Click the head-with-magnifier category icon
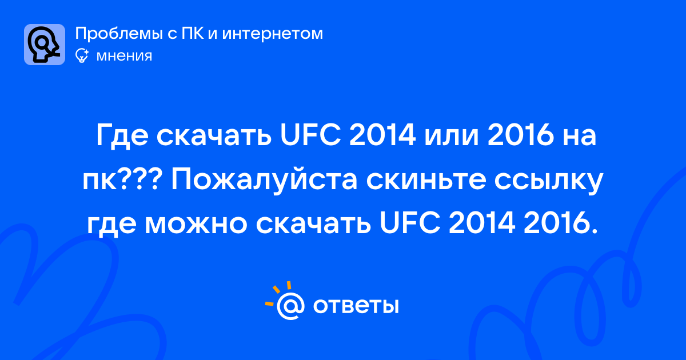[45, 45]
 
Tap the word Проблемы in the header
[119, 34]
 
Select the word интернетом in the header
[273, 34]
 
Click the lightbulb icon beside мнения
[82, 56]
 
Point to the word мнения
[125, 57]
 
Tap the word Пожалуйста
[264, 181]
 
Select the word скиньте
[426, 181]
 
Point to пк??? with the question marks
[122, 181]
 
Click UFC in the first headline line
[310, 135]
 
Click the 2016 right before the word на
[521, 135]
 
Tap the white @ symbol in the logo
[290, 306]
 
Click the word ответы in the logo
[356, 306]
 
